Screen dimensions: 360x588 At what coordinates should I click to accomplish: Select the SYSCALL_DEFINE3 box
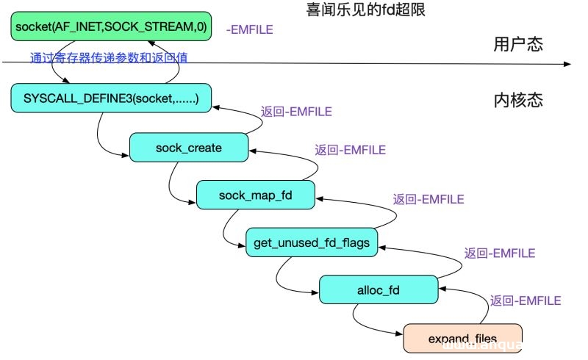[x=111, y=98]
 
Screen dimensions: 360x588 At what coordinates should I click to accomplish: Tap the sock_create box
[x=188, y=148]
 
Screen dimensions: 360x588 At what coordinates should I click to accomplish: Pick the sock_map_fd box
[x=256, y=195]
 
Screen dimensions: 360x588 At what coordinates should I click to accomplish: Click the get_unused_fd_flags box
[x=312, y=241]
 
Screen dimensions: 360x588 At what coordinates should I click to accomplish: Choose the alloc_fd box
[x=378, y=288]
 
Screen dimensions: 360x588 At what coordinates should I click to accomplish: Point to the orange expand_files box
[x=462, y=338]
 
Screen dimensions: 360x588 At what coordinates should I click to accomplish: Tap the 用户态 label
[x=517, y=44]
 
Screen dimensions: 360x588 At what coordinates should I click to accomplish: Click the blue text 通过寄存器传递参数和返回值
[x=109, y=57]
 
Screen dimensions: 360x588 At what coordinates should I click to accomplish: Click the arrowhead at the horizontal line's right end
[x=566, y=65]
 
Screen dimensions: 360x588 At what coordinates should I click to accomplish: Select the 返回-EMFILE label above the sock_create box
[x=296, y=112]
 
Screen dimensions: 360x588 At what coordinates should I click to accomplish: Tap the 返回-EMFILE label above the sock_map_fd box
[x=350, y=150]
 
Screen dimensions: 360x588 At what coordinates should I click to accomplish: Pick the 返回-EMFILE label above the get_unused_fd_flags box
[x=428, y=198]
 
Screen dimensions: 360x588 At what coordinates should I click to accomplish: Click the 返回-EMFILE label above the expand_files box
[x=525, y=300]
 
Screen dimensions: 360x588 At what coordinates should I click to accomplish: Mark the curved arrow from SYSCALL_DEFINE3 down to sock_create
[x=103, y=140]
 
